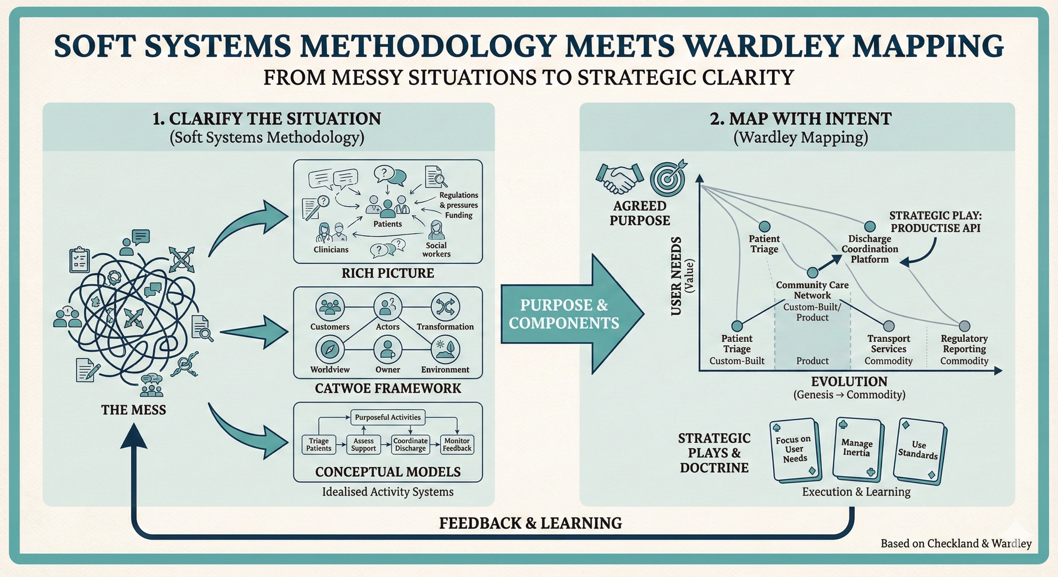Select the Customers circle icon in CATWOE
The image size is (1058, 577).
click(330, 307)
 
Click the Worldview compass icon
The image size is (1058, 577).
click(330, 349)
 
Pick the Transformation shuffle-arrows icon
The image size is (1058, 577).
click(445, 307)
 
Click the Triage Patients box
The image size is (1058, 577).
click(319, 444)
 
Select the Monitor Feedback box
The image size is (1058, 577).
click(457, 444)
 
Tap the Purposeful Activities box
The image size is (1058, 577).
click(388, 417)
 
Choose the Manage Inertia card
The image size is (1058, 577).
click(857, 449)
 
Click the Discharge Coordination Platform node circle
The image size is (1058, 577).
click(869, 226)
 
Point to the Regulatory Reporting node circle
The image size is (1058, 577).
click(964, 326)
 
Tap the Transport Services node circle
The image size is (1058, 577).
click(889, 326)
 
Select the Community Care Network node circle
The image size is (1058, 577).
click(812, 273)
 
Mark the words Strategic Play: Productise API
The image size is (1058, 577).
click(935, 222)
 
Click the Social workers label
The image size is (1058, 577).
click(436, 249)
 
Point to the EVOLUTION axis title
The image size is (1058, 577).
click(849, 382)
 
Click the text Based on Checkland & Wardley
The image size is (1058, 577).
click(956, 543)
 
